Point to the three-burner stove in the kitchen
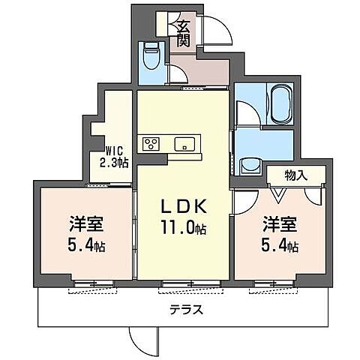coord(148,144)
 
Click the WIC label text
coord(114,149)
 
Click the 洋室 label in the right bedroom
coord(278,223)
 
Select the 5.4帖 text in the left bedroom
coord(85,245)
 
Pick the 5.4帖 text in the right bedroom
coord(280,245)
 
